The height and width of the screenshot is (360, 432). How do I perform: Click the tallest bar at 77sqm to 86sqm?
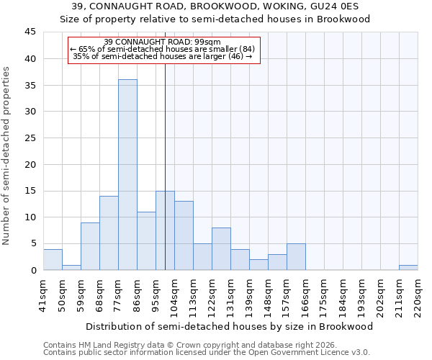(127, 175)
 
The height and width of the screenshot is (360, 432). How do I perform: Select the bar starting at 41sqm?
(53, 260)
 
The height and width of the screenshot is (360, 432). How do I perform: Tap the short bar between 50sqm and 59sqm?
(71, 268)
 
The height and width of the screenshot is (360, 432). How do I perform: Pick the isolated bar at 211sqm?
(408, 268)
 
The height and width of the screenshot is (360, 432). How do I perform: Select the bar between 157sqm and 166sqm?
(296, 257)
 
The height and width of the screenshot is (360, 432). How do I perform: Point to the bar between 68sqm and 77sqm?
(109, 233)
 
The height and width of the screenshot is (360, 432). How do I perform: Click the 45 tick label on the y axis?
(30, 32)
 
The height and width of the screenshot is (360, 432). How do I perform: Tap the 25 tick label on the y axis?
(30, 138)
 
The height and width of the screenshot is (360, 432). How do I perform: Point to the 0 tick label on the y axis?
(32, 270)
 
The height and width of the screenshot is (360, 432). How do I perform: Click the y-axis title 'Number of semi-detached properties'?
(6, 156)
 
